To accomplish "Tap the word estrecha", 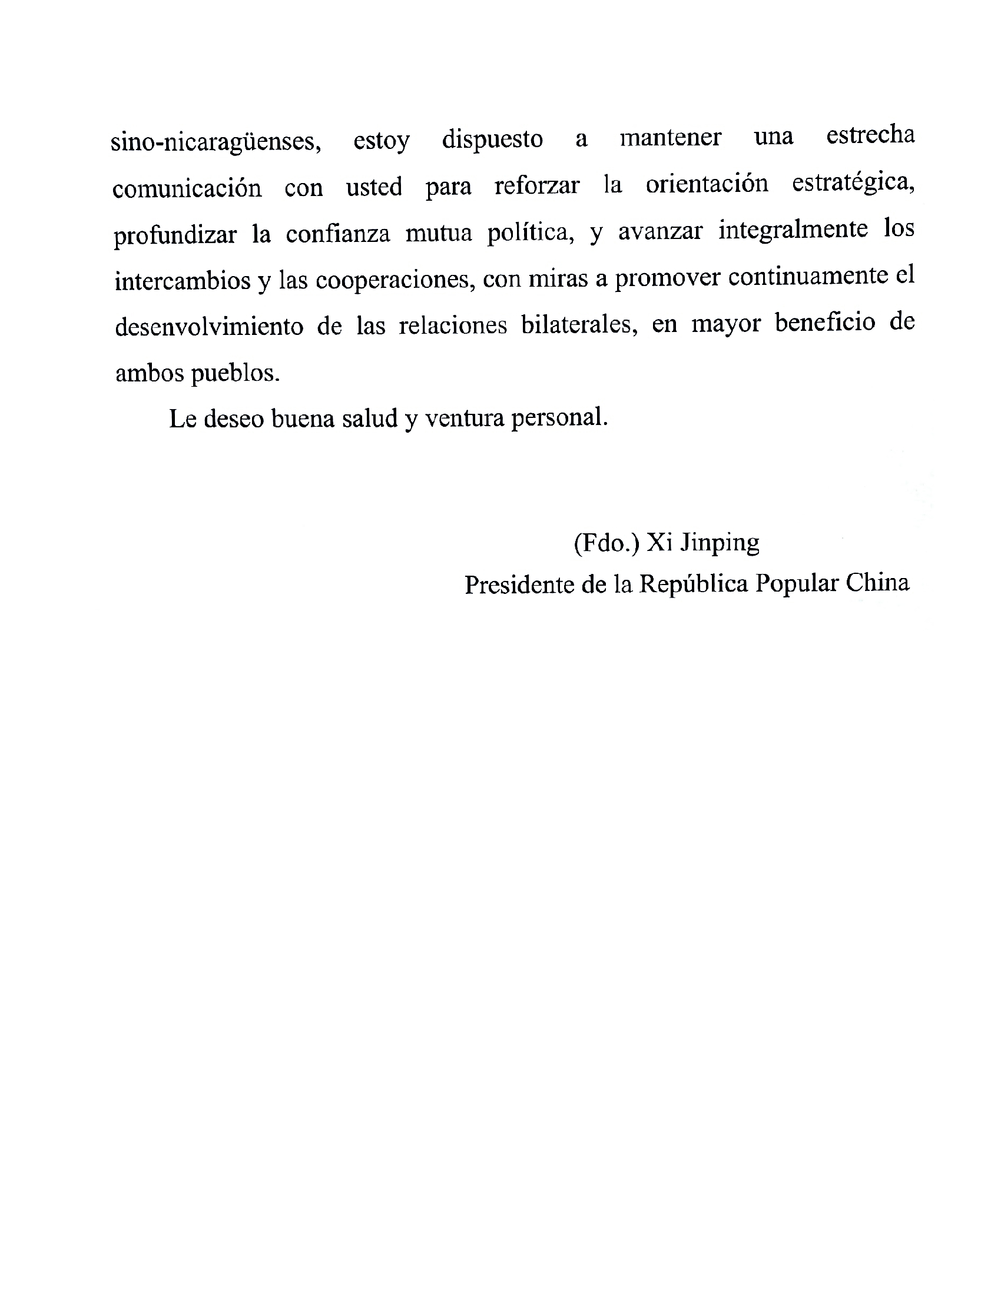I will pyautogui.click(x=870, y=135).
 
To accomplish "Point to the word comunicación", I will pyautogui.click(x=187, y=188).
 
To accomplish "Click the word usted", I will pyautogui.click(x=374, y=187).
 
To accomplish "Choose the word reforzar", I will pyautogui.click(x=536, y=185).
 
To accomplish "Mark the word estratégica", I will pyautogui.click(x=853, y=183).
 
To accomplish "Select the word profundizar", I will pyautogui.click(x=175, y=235).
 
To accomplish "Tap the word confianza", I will pyautogui.click(x=338, y=233).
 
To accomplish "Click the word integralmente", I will pyautogui.click(x=793, y=230).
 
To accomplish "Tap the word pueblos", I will pyautogui.click(x=235, y=374).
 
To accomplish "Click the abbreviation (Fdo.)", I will pyautogui.click(x=606, y=543).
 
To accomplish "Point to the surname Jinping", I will pyautogui.click(x=719, y=543).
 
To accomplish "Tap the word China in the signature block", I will pyautogui.click(x=877, y=583).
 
